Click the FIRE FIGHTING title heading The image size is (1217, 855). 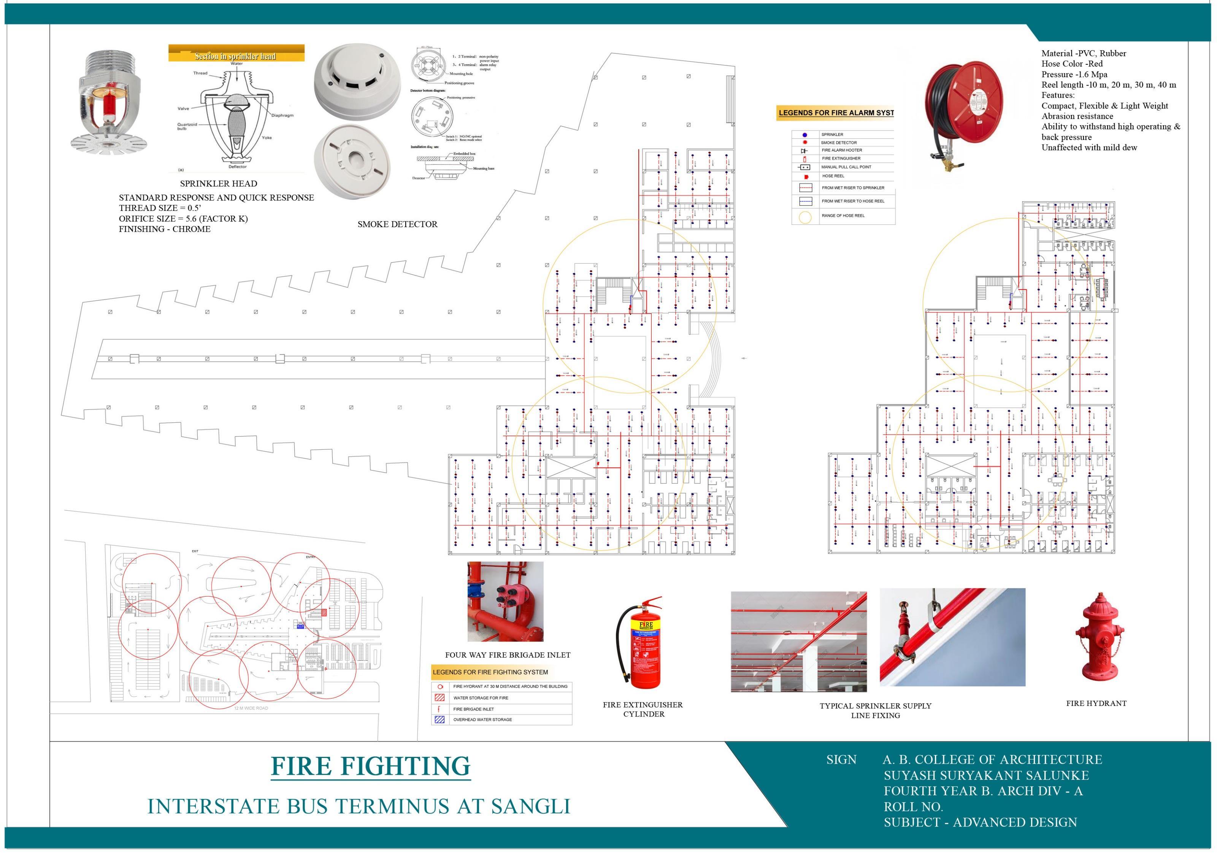click(x=371, y=766)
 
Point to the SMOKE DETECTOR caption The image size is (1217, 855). click(x=397, y=224)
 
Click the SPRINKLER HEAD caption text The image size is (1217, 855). click(x=218, y=183)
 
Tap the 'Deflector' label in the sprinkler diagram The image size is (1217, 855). click(x=238, y=167)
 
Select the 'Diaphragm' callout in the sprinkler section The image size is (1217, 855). click(x=282, y=115)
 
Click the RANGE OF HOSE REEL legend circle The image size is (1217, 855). click(x=805, y=217)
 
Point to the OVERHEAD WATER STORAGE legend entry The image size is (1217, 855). click(x=482, y=720)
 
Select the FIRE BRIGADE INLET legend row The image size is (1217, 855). click(x=473, y=709)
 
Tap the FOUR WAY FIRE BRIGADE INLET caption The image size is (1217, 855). click(x=507, y=655)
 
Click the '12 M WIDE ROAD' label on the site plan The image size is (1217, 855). click(x=251, y=708)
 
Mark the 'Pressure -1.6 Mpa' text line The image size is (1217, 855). click(x=1074, y=74)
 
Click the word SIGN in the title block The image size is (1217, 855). click(x=841, y=759)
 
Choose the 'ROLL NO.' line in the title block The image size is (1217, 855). click(x=913, y=807)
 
